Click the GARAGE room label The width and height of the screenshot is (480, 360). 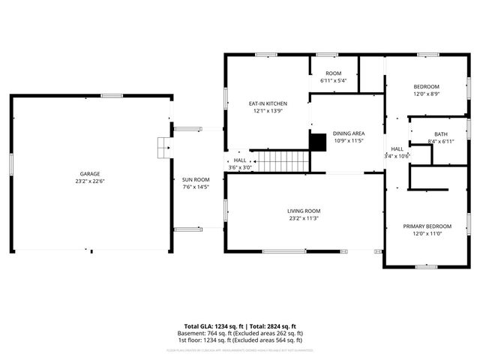[x=90, y=173]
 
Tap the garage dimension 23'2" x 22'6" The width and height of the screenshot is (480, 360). [x=90, y=181]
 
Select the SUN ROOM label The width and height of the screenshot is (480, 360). [x=196, y=179]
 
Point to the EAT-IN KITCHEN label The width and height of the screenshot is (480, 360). [x=268, y=103]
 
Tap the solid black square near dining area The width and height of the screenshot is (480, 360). [x=318, y=142]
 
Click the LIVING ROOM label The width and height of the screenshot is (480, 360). [x=304, y=211]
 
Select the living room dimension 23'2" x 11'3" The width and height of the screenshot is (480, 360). [x=304, y=218]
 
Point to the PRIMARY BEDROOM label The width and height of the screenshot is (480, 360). [x=427, y=226]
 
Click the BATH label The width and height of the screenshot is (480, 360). [x=440, y=133]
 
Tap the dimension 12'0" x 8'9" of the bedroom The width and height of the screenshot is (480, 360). [x=427, y=94]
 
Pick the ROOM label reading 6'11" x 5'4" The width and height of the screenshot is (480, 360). [x=333, y=73]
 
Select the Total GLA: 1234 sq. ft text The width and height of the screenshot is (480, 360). [x=214, y=326]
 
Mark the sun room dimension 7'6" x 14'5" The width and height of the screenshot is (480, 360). [x=196, y=187]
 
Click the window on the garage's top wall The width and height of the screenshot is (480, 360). [x=112, y=95]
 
